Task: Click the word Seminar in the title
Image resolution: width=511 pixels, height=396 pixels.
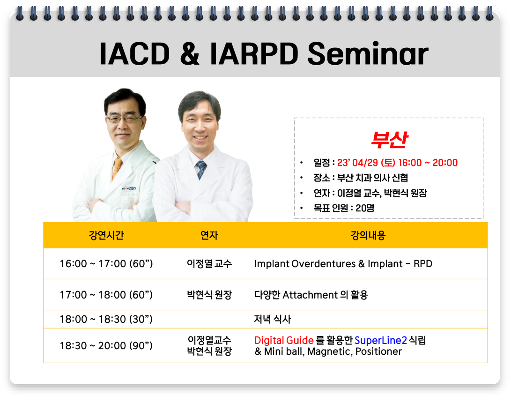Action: [368, 53]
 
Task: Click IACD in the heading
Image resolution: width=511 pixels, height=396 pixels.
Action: [134, 53]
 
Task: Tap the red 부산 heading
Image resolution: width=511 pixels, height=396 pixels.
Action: [389, 140]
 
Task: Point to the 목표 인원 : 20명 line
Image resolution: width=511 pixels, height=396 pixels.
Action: [343, 208]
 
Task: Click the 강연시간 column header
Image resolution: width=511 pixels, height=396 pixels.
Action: [106, 235]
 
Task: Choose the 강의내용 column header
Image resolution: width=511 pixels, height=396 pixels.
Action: [368, 235]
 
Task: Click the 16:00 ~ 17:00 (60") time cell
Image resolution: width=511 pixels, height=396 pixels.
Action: [106, 263]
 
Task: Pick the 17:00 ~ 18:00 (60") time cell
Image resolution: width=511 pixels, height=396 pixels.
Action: [106, 295]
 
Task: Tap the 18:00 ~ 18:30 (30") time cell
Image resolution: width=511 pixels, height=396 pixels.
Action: [106, 319]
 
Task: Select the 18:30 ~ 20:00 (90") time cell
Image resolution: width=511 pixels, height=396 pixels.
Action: [106, 345]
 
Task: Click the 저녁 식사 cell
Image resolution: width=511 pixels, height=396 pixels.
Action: [273, 319]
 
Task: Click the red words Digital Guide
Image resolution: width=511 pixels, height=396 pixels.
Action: [284, 340]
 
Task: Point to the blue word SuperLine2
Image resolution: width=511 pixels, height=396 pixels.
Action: [381, 340]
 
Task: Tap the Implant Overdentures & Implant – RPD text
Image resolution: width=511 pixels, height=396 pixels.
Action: [343, 263]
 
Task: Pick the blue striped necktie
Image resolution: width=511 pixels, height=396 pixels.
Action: [201, 170]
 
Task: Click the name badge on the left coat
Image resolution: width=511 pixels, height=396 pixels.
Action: [129, 188]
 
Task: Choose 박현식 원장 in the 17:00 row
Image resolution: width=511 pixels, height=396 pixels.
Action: [209, 295]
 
